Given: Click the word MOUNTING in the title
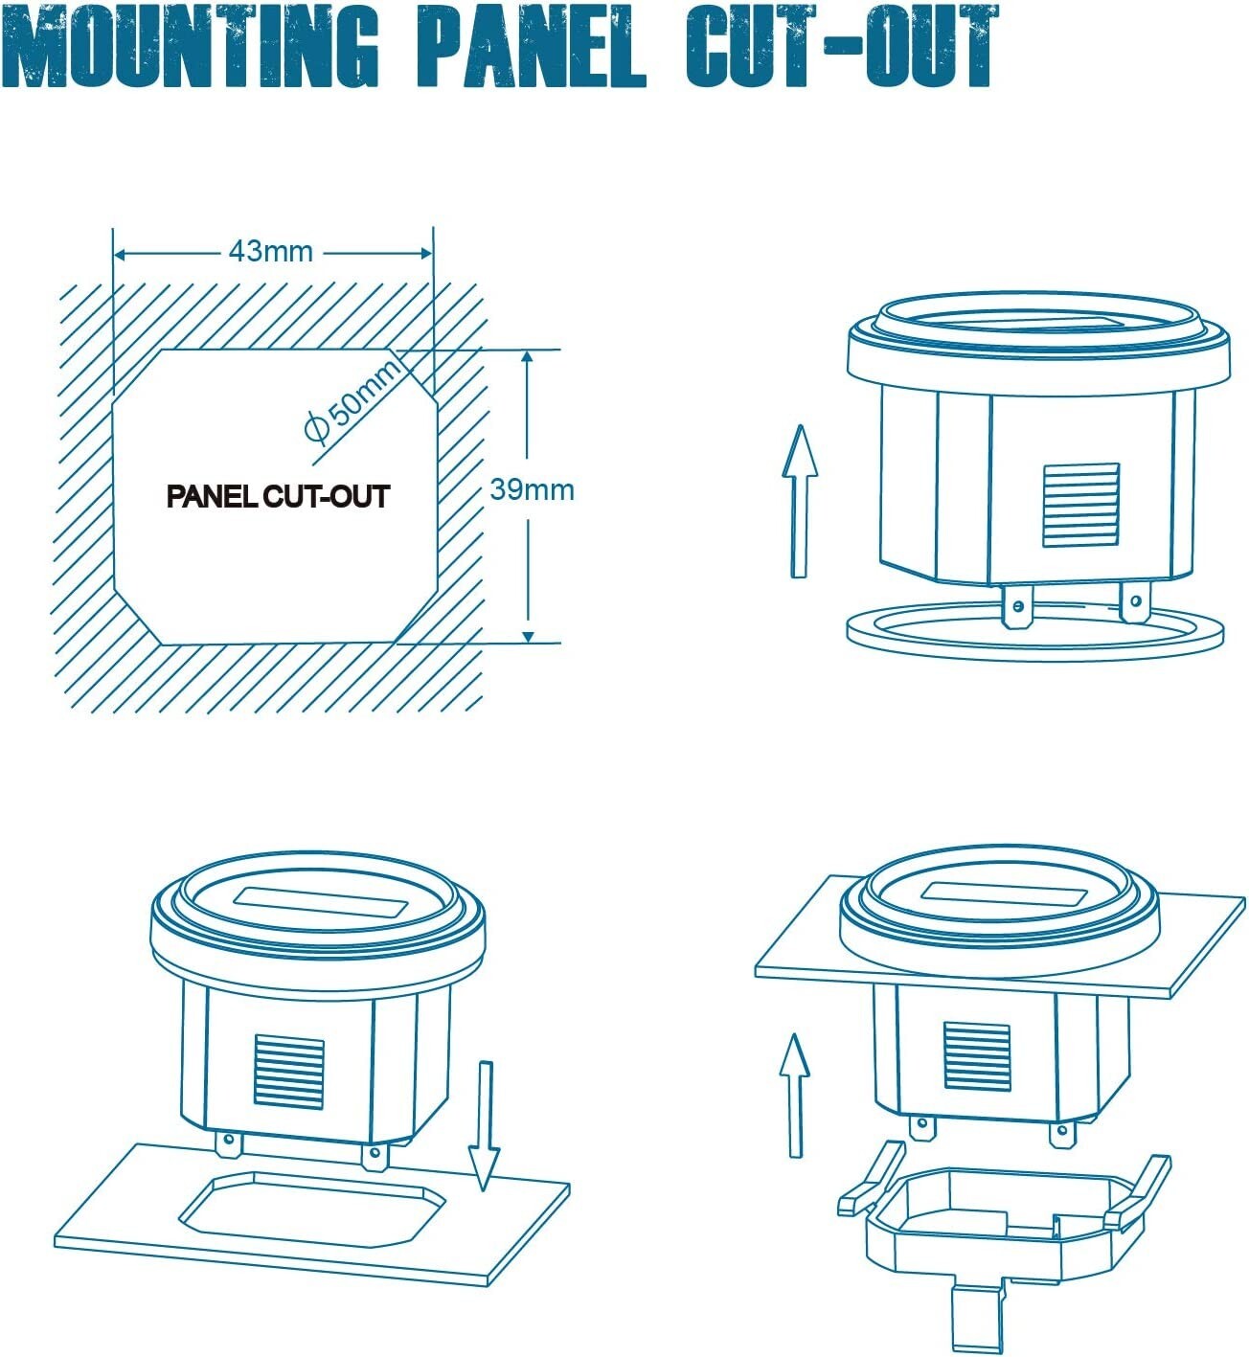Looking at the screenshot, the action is tap(192, 46).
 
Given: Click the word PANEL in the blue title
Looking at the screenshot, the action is tap(532, 46).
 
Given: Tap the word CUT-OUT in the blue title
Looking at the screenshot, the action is tap(842, 46).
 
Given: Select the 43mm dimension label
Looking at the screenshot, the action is tap(271, 252).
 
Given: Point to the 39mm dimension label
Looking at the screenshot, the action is tap(532, 489).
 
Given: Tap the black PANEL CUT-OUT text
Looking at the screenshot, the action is tap(278, 496).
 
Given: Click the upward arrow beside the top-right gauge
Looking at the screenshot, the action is tap(800, 501).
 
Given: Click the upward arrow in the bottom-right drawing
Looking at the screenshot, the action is tap(794, 1096).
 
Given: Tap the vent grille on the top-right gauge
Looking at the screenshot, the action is tap(1080, 505).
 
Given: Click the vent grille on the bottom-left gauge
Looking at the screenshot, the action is tap(289, 1072).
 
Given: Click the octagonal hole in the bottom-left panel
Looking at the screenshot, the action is tap(313, 1210).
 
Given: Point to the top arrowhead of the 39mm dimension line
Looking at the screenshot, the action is tap(529, 356).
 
